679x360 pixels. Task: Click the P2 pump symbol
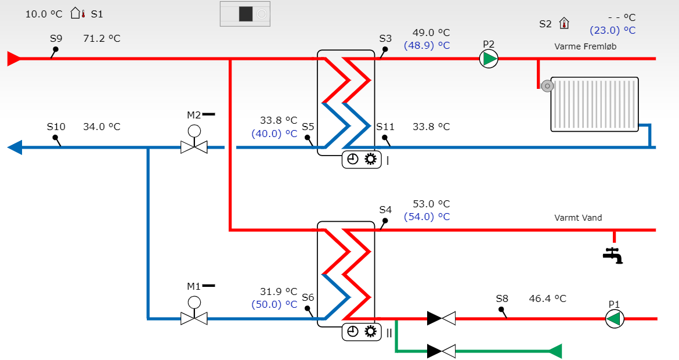point(489,59)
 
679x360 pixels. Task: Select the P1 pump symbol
point(615,319)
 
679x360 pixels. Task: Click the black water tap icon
point(613,255)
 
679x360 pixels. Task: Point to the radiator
point(594,105)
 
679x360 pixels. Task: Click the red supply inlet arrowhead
point(14,59)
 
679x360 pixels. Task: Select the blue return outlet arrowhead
point(15,147)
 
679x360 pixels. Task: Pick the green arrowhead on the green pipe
point(555,351)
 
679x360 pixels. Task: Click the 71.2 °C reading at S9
point(102,38)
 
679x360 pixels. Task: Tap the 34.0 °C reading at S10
point(102,127)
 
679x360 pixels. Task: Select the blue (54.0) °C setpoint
point(427,217)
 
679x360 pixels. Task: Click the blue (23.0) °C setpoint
point(613,30)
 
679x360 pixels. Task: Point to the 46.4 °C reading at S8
point(547,298)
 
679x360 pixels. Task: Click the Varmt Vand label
point(578,218)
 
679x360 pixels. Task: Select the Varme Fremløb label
point(586,46)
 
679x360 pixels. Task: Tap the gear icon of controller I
point(371,160)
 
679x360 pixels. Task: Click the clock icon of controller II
point(353,332)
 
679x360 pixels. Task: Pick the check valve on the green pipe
point(441,351)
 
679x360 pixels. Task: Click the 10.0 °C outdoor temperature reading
point(44,15)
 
